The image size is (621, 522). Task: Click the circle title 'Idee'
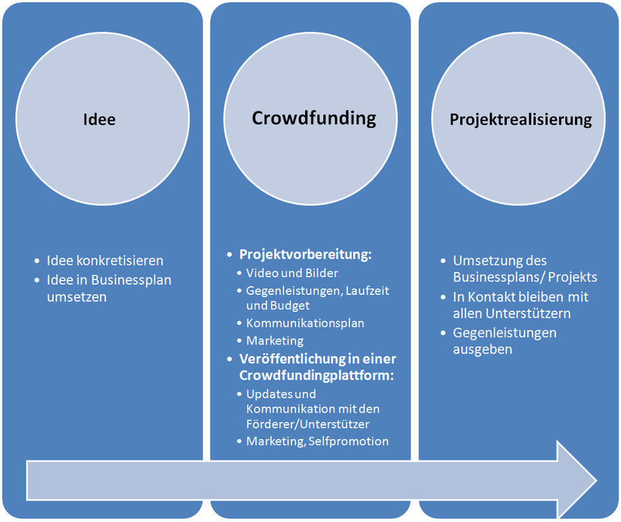click(x=99, y=120)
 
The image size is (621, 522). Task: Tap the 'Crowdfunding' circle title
click(x=314, y=118)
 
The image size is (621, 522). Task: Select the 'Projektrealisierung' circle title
click(x=520, y=120)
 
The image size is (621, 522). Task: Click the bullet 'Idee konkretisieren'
click(x=105, y=260)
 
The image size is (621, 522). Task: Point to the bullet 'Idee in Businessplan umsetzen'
click(x=109, y=288)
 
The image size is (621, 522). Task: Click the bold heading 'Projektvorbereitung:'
click(x=306, y=255)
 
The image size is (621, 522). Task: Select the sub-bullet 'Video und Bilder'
click(x=292, y=273)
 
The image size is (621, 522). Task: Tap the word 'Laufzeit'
click(x=368, y=290)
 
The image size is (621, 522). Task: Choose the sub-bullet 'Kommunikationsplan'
click(x=305, y=323)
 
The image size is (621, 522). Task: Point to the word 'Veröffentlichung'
click(x=291, y=359)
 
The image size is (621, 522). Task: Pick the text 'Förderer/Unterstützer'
click(x=308, y=424)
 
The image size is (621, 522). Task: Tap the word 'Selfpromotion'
click(x=349, y=441)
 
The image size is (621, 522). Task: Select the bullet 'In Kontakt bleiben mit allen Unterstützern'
click(x=520, y=305)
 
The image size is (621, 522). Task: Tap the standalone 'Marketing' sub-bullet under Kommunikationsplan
click(x=274, y=341)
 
